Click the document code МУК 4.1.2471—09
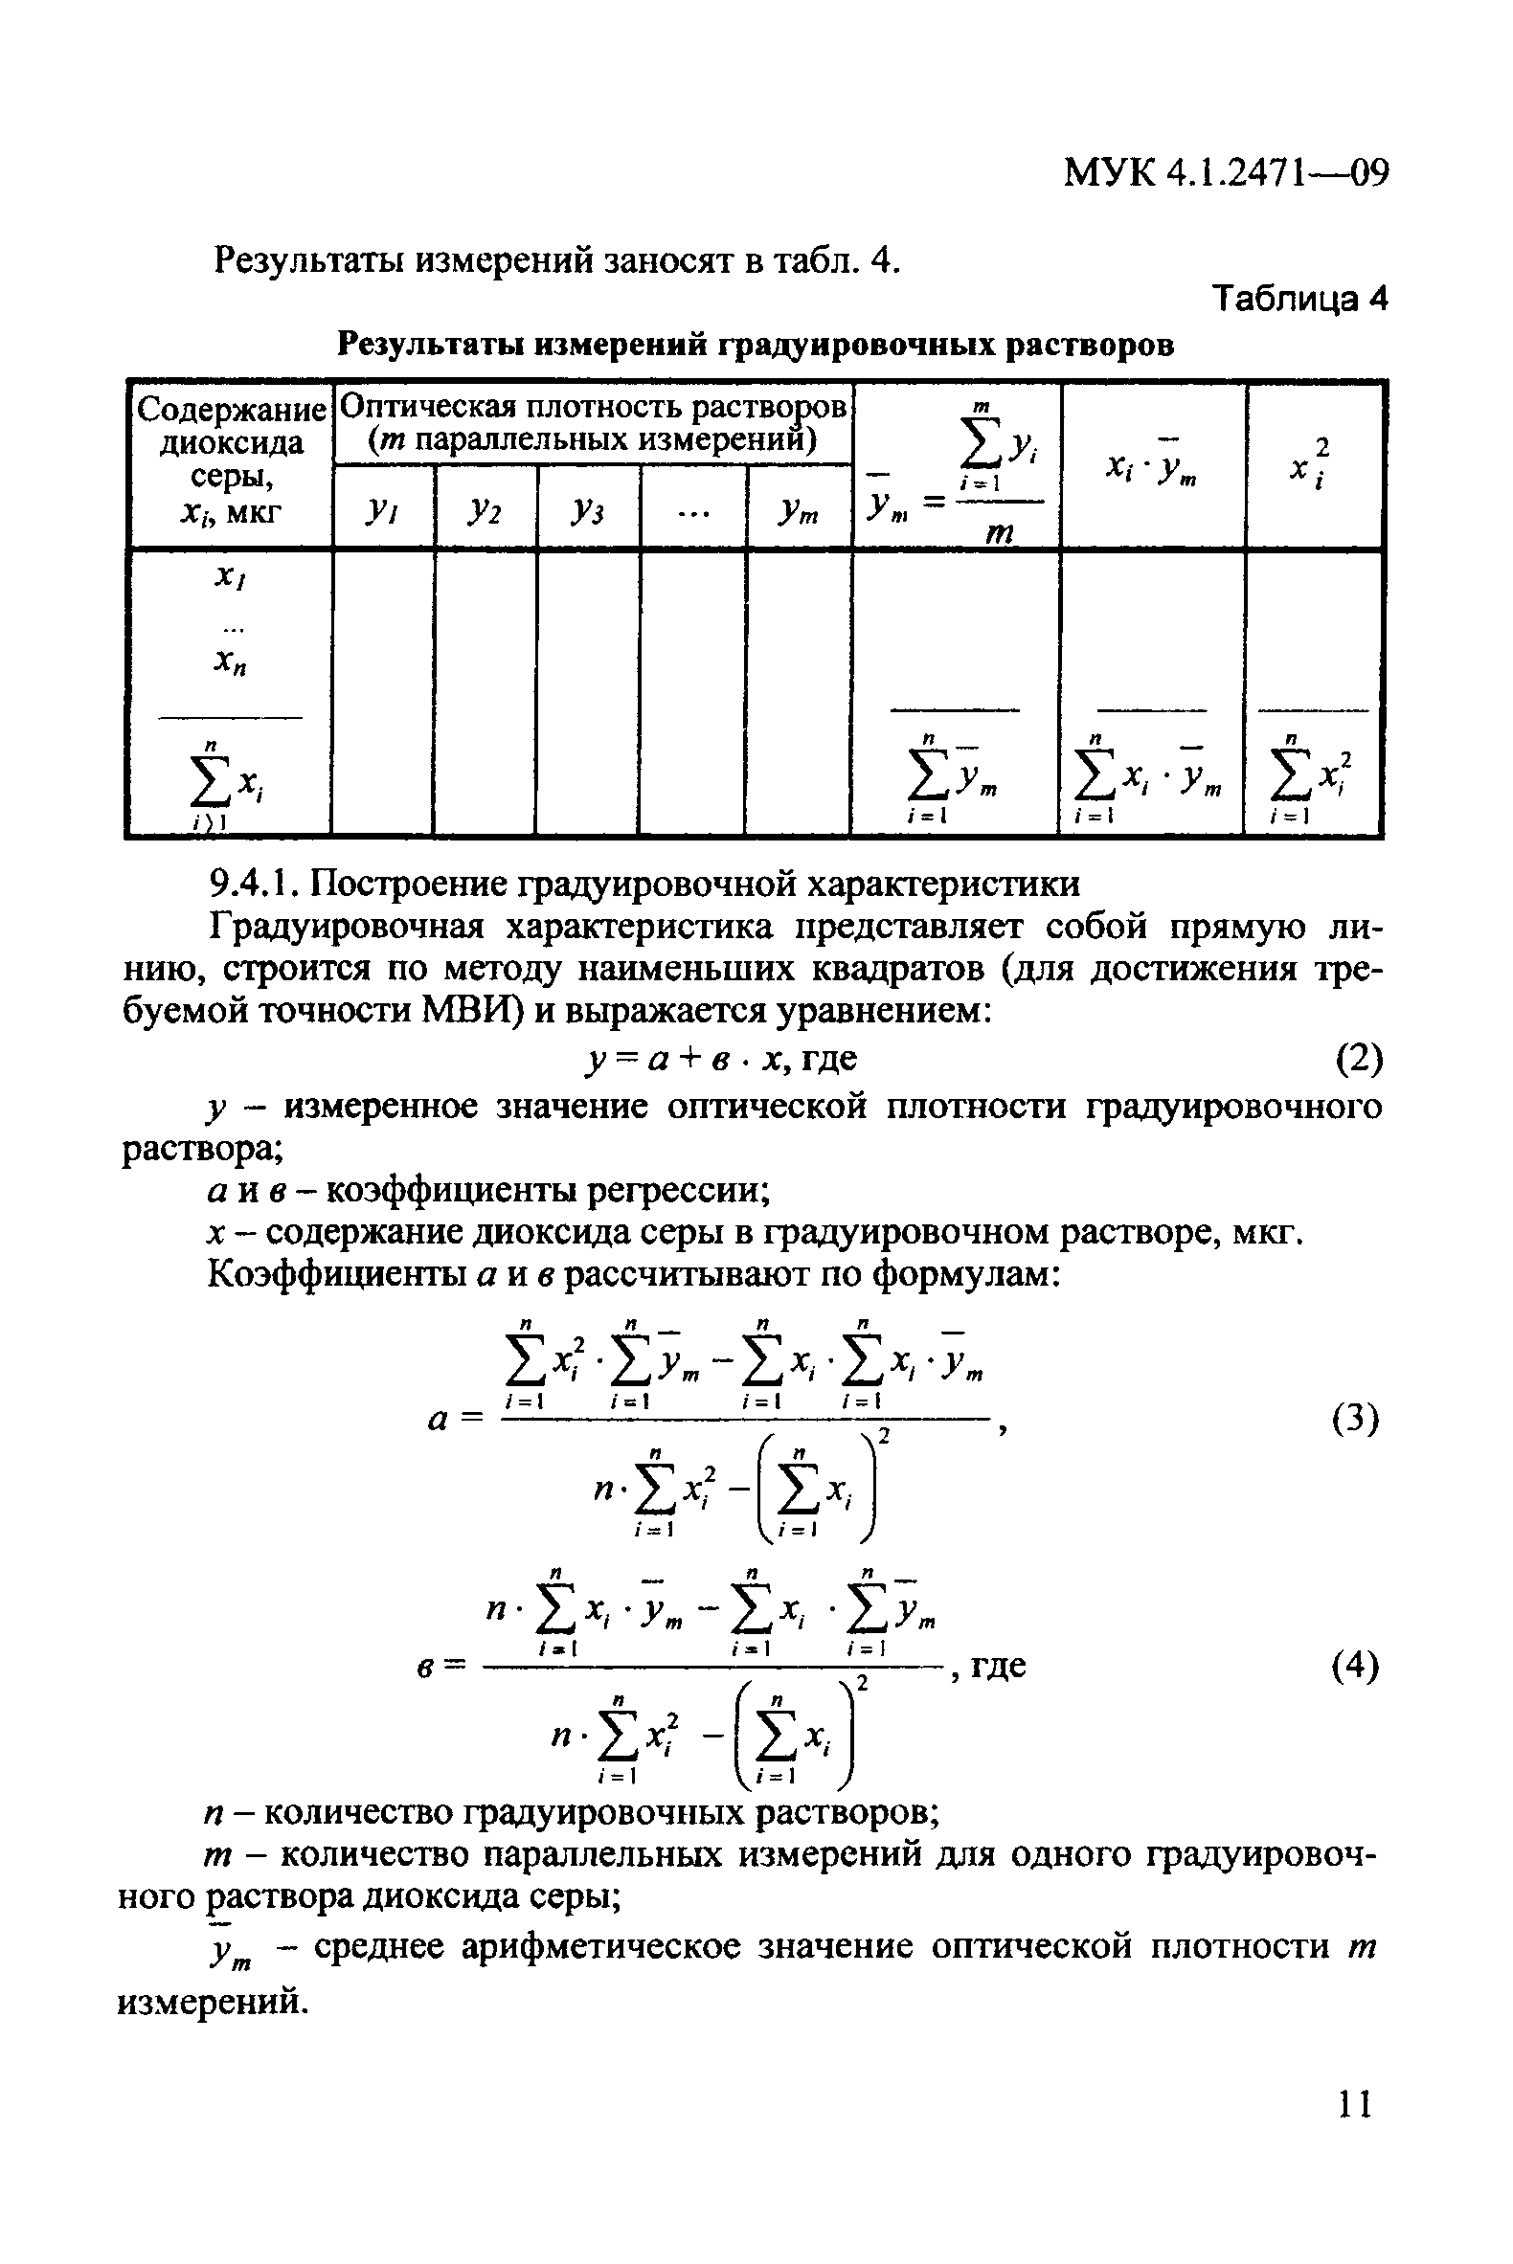pyautogui.click(x=1226, y=172)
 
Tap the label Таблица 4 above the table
pyautogui.click(x=1298, y=299)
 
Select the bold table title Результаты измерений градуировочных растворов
pyautogui.click(x=756, y=345)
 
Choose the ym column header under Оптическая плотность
pyautogui.click(x=798, y=511)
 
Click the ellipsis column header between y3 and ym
pyautogui.click(x=692, y=511)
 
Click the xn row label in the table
pyautogui.click(x=230, y=661)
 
